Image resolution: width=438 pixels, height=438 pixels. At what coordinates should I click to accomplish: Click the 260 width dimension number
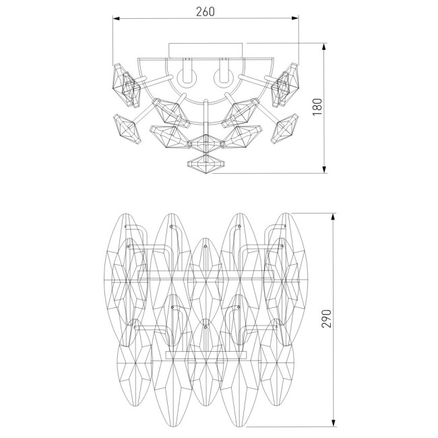(206, 11)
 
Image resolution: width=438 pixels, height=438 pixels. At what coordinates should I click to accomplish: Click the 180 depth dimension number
(317, 106)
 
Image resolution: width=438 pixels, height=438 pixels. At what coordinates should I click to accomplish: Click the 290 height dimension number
(327, 319)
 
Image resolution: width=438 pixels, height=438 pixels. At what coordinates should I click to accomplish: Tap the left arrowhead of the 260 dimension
(116, 18)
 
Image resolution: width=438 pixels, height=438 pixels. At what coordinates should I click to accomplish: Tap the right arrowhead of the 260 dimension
(294, 18)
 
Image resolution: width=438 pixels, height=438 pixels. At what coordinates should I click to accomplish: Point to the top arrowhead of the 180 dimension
(324, 46)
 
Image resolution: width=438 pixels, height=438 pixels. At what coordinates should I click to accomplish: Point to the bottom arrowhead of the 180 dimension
(324, 170)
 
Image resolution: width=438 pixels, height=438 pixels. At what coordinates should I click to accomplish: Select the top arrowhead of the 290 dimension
(333, 217)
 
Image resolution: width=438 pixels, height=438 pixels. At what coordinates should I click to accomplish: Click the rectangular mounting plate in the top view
(206, 51)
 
